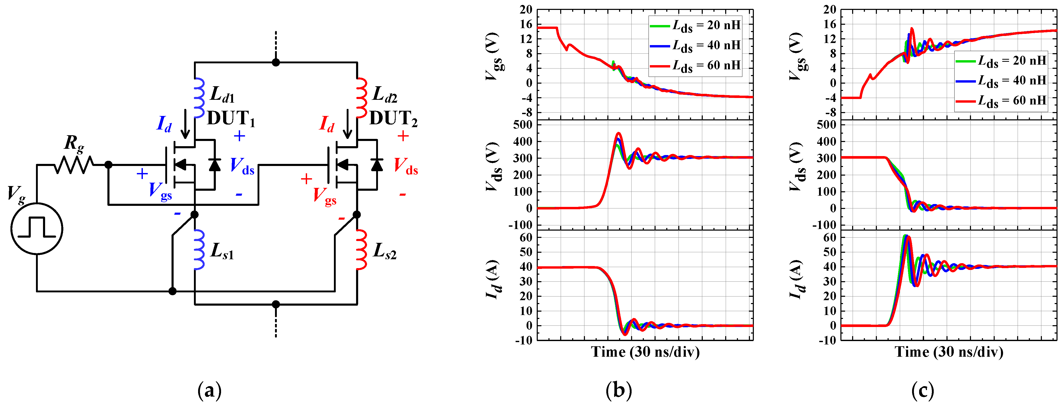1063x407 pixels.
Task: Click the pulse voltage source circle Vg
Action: coord(37,229)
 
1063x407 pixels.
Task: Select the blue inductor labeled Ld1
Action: coord(199,98)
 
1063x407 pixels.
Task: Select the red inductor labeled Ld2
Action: coord(362,98)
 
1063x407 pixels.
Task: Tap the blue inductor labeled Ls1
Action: coord(199,249)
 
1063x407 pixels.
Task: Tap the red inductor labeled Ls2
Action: coord(362,249)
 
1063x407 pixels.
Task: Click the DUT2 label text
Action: coord(393,119)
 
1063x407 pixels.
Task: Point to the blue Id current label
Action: coord(164,124)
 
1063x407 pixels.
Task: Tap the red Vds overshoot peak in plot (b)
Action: coord(618,133)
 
